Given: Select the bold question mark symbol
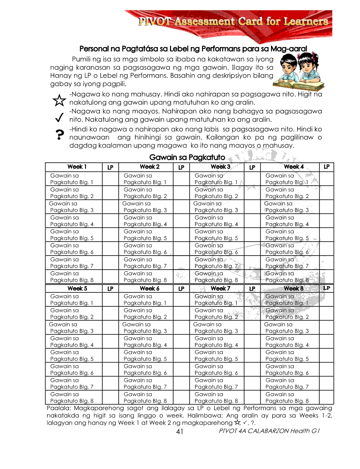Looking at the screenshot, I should (59, 136).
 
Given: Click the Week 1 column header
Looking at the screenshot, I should (77, 167).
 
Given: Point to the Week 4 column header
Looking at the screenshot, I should (293, 167).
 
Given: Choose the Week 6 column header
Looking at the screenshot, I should (149, 288).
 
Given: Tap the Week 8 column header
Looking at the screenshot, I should (293, 288).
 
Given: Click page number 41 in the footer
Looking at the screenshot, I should (179, 431).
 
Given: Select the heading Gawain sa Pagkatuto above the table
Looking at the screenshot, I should (187, 157).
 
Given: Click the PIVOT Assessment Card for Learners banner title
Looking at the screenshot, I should (233, 21).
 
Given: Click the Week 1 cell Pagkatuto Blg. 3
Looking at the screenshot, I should (72, 207).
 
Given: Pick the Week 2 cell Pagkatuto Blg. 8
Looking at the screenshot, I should (145, 277).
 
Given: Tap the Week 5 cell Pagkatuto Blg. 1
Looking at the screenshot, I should (72, 300).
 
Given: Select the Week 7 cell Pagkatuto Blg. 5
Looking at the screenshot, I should (216, 356).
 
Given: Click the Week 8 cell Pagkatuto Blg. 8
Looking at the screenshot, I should (287, 397).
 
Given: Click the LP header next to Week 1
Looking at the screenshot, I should (110, 167).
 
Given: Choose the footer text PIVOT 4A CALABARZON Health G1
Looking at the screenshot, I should (270, 431).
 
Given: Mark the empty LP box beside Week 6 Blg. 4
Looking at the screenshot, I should (181, 342).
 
